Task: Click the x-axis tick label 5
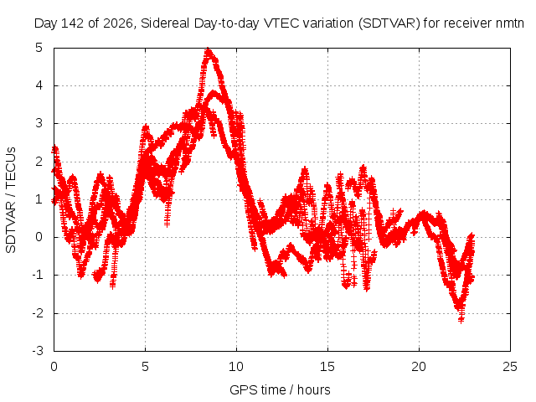[145, 367]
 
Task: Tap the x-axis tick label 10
[236, 367]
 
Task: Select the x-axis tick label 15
[327, 367]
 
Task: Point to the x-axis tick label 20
[419, 367]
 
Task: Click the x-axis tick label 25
[510, 367]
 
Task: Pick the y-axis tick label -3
[38, 351]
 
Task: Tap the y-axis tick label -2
[38, 313]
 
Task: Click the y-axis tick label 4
[39, 85]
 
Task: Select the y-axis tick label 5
[39, 48]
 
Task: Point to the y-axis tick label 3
[39, 123]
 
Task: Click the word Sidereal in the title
[166, 23]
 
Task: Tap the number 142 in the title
[72, 23]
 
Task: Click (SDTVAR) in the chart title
[389, 23]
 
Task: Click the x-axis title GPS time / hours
[280, 389]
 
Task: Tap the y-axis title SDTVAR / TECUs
[11, 200]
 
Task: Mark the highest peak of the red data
[208, 50]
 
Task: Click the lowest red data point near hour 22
[461, 321]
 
